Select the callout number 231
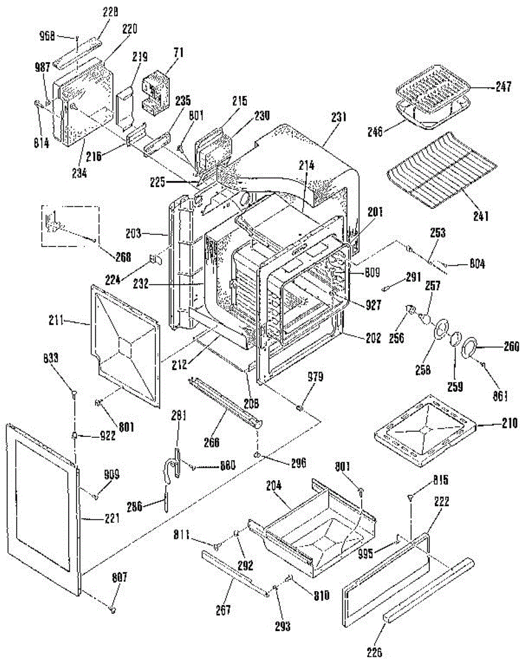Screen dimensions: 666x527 click(339, 117)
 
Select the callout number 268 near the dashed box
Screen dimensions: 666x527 click(123, 256)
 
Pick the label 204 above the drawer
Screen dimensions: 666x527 click(274, 485)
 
